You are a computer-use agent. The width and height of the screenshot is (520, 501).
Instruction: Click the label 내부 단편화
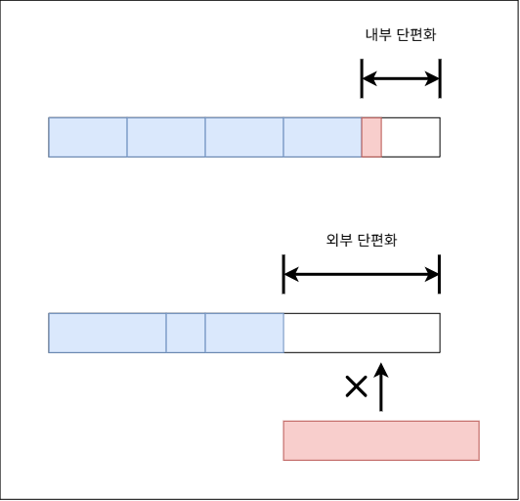point(401,34)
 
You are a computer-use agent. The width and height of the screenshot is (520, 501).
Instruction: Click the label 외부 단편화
point(362,240)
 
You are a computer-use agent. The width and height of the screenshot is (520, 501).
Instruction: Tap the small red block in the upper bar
point(371,137)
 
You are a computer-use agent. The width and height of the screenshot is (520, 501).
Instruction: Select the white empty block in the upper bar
point(411,137)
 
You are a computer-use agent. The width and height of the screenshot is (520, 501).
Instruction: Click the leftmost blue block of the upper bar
point(88,137)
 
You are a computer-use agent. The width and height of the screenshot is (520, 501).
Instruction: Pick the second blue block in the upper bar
point(166,137)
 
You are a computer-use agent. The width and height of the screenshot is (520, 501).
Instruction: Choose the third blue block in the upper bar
point(244,137)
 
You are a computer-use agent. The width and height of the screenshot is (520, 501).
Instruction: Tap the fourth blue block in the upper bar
point(323,137)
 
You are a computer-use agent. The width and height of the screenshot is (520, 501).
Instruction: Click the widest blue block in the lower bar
point(108,333)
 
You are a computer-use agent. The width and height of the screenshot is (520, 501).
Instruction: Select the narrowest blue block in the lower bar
point(186,333)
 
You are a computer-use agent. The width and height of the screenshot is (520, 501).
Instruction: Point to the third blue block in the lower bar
point(244,333)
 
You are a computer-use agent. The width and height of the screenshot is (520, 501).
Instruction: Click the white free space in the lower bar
point(362,333)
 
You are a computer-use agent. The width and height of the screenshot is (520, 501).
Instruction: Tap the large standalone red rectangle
point(381,440)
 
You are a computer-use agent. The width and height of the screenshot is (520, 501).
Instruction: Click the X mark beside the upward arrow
point(356,387)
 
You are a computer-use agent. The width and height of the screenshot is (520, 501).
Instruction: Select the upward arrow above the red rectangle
point(381,387)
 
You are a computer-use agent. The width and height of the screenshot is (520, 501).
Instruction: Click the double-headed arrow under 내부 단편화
point(401,78)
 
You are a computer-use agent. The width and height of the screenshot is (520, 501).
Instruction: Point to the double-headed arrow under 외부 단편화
point(362,274)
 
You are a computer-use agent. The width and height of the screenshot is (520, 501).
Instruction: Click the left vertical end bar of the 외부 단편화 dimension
point(283,274)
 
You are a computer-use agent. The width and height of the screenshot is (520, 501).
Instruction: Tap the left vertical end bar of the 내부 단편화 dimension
point(362,78)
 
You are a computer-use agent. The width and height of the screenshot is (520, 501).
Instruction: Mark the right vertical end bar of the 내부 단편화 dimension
point(440,78)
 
